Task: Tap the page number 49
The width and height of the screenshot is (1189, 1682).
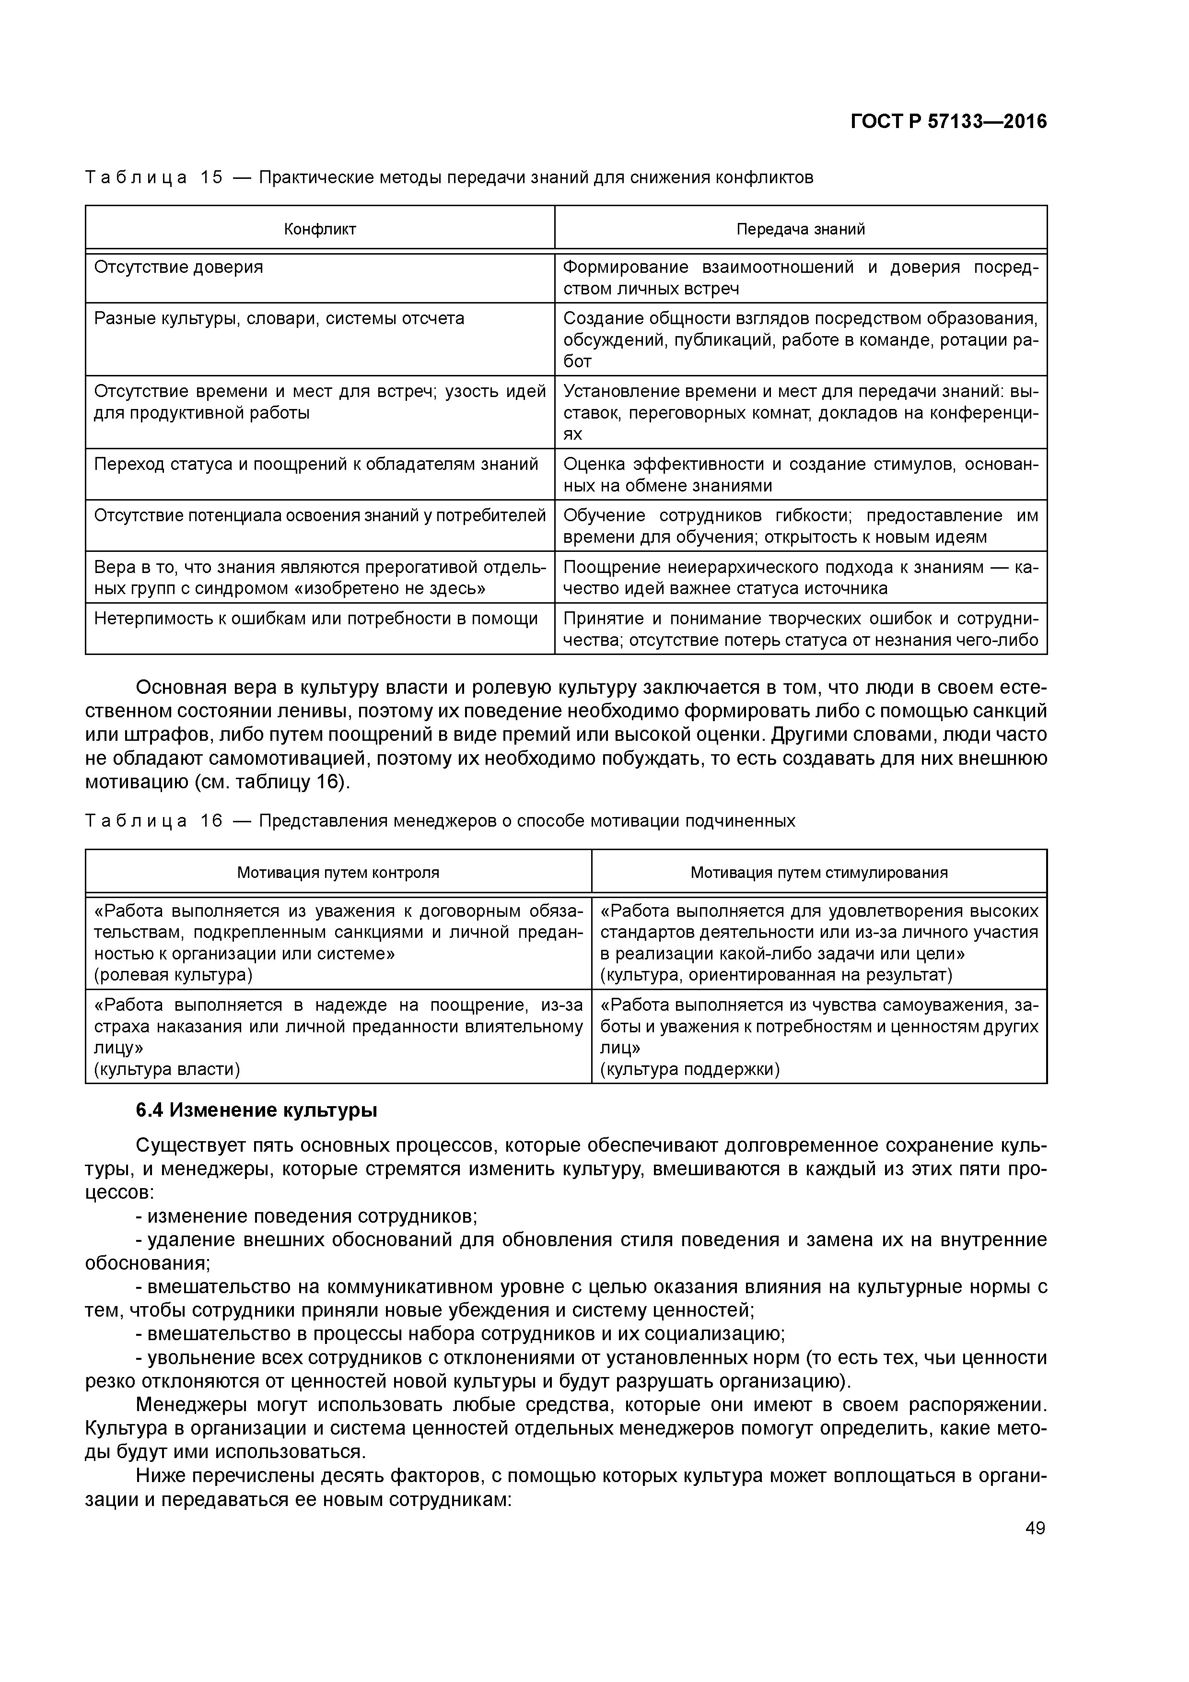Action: [x=1035, y=1528]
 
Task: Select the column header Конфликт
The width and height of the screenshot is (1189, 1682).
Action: [x=320, y=229]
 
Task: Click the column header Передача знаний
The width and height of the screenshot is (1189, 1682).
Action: [x=800, y=229]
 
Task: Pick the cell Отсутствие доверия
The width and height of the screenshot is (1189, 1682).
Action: [x=179, y=268]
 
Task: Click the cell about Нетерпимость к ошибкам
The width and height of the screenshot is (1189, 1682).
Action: [x=316, y=619]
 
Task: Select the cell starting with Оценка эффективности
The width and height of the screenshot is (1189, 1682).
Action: [x=800, y=475]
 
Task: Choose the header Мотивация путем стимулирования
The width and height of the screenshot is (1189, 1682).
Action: [x=818, y=873]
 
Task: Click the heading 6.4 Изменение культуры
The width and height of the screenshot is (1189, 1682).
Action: [x=256, y=1110]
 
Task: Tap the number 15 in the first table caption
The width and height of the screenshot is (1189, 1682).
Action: [x=211, y=178]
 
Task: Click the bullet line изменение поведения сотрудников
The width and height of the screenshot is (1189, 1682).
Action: [x=307, y=1216]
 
